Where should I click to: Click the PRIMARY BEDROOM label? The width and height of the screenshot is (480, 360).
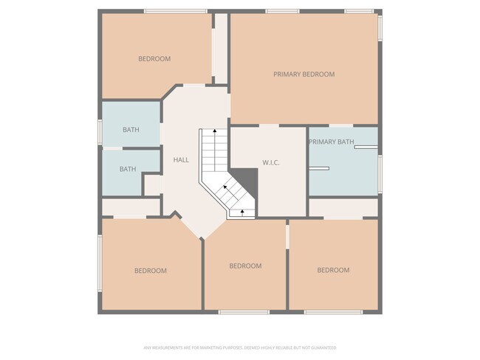304,74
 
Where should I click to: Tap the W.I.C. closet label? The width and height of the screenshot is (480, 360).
270,162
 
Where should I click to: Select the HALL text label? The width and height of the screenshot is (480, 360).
181,159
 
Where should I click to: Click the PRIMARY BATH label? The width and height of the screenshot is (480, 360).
331,142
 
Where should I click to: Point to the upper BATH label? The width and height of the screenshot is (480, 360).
131,130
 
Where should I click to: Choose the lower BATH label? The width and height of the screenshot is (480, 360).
128,169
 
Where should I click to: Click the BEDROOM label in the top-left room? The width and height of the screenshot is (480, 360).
154,59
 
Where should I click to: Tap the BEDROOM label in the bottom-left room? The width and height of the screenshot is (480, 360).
150,271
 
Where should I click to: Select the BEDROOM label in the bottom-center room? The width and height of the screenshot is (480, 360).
245,266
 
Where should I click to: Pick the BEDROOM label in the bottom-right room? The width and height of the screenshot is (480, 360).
333,270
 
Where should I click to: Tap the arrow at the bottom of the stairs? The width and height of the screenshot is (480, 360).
242,213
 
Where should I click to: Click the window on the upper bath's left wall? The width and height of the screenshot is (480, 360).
100,130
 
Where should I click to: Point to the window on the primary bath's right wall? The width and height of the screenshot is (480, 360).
380,173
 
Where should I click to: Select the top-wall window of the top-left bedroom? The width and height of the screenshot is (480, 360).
175,11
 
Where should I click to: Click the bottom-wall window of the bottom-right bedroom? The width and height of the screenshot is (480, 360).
333,312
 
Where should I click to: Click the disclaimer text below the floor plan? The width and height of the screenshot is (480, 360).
239,347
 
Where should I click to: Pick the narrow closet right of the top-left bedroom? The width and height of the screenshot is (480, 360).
220,55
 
